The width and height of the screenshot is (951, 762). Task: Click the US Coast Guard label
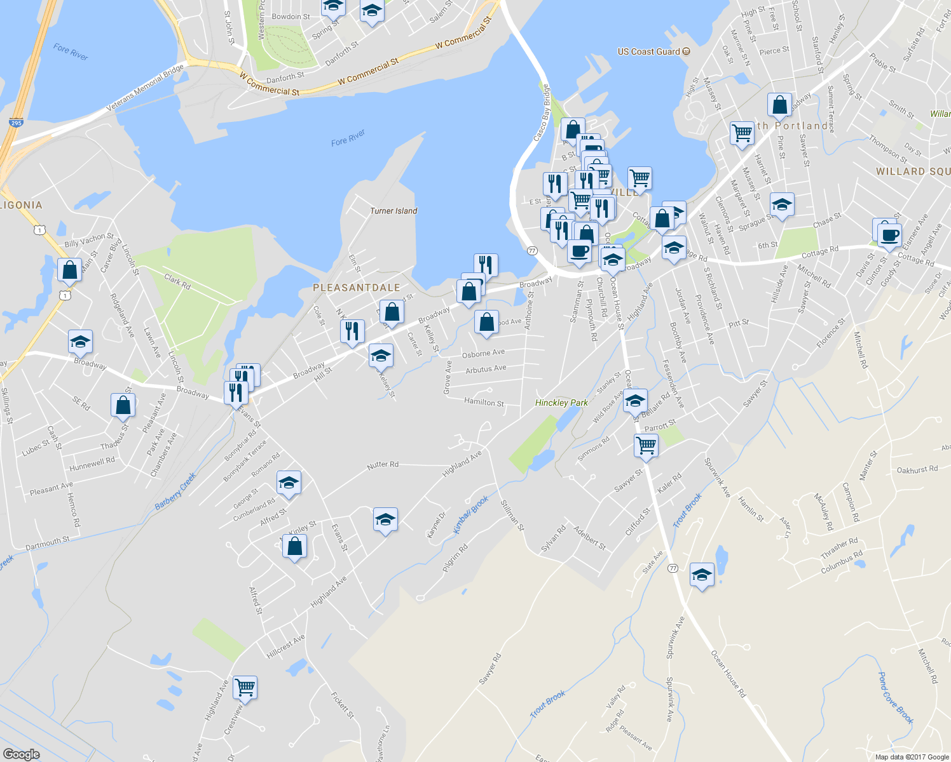(649, 51)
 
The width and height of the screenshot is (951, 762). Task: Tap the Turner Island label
(393, 211)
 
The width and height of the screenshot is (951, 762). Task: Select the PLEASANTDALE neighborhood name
(356, 288)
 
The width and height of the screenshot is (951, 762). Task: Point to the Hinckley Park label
(561, 403)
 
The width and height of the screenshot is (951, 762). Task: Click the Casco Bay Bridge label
(542, 113)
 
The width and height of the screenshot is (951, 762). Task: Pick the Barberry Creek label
(175, 491)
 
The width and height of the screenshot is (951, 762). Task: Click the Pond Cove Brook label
(895, 697)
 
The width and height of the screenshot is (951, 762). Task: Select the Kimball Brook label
(471, 514)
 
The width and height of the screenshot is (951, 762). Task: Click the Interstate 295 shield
(16, 123)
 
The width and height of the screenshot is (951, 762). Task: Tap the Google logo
(21, 754)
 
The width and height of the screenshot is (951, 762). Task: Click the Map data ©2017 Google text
(912, 757)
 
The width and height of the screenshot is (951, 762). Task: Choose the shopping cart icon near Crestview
(245, 686)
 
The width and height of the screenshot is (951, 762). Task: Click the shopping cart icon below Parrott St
(646, 445)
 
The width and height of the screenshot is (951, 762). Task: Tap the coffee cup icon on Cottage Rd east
(889, 235)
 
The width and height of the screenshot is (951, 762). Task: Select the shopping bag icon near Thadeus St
(123, 405)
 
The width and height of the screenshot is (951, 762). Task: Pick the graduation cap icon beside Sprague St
(781, 205)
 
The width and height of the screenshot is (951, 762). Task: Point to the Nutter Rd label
(383, 465)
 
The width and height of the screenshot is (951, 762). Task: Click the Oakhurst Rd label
(917, 470)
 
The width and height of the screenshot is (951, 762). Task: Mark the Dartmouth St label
(48, 544)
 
